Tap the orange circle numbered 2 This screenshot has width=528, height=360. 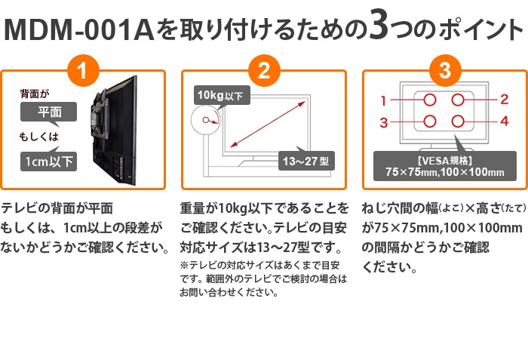click(264, 73)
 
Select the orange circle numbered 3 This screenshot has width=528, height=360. click(445, 73)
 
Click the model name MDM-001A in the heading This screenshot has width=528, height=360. click(80, 31)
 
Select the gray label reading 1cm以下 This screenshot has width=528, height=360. click(50, 161)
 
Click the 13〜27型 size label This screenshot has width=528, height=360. click(306, 162)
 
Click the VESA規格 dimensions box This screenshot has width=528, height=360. click(439, 166)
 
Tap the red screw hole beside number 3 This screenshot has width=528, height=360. click(430, 121)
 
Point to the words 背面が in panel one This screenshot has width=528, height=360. click(34, 94)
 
